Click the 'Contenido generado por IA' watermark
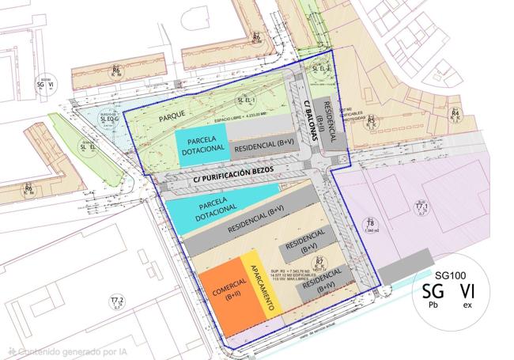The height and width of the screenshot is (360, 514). (x=59, y=351)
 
